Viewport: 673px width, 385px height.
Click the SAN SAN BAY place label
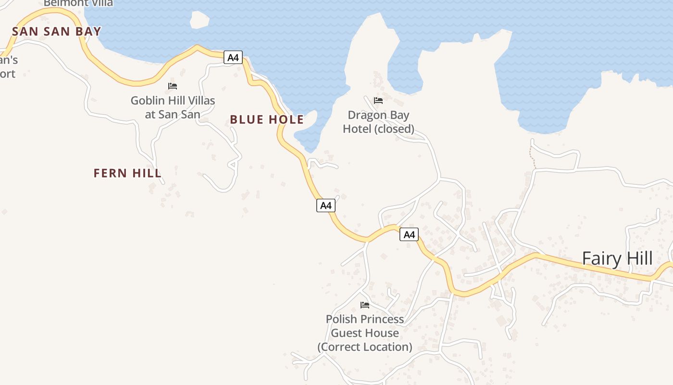[57, 32]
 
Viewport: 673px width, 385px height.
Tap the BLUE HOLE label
[267, 120]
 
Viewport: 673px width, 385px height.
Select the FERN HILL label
[127, 173]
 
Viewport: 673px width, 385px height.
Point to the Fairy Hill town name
[617, 258]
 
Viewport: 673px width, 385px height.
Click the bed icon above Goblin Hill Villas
[173, 86]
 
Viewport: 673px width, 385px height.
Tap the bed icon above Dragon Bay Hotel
[378, 101]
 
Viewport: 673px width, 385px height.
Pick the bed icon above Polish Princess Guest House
[365, 305]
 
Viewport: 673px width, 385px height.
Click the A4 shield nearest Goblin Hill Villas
[233, 58]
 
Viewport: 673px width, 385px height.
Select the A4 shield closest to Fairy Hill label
[409, 234]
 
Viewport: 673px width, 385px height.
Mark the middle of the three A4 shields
[326, 205]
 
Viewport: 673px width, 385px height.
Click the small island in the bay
[199, 20]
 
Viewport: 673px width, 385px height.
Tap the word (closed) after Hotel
[394, 129]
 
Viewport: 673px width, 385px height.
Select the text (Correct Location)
[365, 347]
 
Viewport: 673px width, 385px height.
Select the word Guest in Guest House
[348, 333]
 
